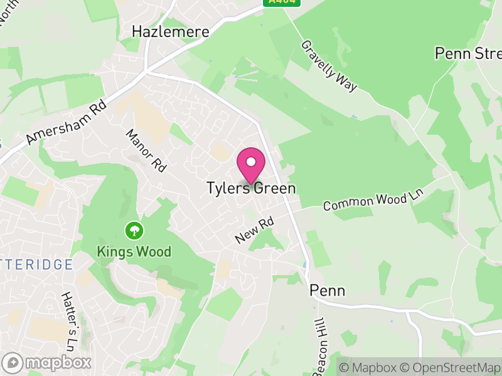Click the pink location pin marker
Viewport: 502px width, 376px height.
tap(251, 165)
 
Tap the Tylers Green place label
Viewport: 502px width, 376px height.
tap(251, 188)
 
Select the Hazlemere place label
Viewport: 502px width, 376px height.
tap(170, 31)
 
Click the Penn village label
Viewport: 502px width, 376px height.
tap(328, 291)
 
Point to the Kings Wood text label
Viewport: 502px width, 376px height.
tap(134, 251)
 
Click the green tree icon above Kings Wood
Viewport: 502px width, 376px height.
tap(134, 231)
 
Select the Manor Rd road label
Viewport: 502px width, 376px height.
tap(149, 150)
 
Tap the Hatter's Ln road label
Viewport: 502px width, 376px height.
tap(68, 320)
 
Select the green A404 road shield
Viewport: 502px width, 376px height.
tap(281, 3)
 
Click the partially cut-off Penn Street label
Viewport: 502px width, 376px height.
tap(468, 53)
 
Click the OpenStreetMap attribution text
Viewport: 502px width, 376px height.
tap(451, 367)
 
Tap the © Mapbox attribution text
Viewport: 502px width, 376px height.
tap(370, 367)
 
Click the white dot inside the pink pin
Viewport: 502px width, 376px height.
tap(251, 162)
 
